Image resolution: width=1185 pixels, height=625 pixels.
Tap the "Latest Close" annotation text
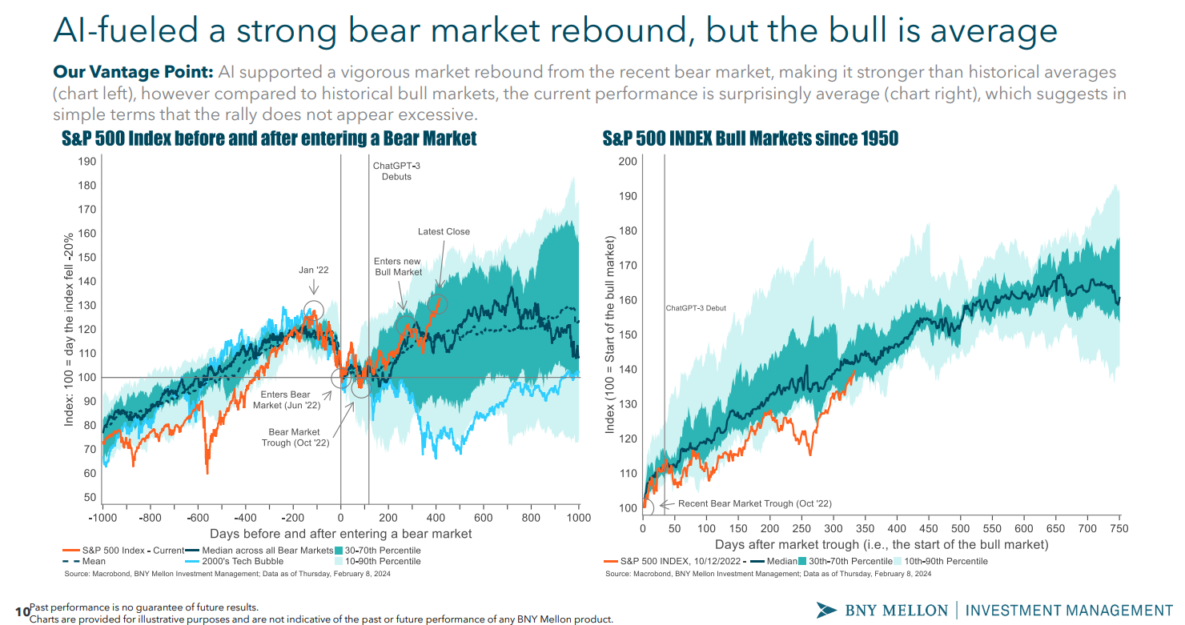(x=444, y=232)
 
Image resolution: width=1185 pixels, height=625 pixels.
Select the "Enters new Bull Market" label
(x=398, y=266)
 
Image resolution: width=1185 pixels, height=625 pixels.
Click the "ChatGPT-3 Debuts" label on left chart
(x=392, y=170)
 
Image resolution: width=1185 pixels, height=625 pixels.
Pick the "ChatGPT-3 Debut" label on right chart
(x=696, y=308)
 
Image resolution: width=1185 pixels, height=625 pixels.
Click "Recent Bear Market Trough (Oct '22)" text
(x=754, y=503)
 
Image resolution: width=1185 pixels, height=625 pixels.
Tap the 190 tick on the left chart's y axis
(x=87, y=162)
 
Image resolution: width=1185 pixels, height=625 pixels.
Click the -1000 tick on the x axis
(x=103, y=518)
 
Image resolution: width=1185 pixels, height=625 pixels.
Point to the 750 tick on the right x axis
(x=1119, y=529)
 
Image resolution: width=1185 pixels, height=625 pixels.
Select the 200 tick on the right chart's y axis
(x=628, y=162)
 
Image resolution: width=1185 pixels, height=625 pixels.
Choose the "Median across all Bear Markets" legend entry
(x=263, y=551)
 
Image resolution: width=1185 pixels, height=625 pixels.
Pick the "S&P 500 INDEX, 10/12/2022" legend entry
(x=680, y=562)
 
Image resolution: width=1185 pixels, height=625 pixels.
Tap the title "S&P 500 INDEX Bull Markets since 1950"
(x=750, y=139)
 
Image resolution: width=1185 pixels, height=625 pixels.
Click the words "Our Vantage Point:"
(x=132, y=72)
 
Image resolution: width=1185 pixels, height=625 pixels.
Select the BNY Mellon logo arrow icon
(x=826, y=610)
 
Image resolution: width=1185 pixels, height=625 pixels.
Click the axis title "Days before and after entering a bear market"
(x=341, y=534)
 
